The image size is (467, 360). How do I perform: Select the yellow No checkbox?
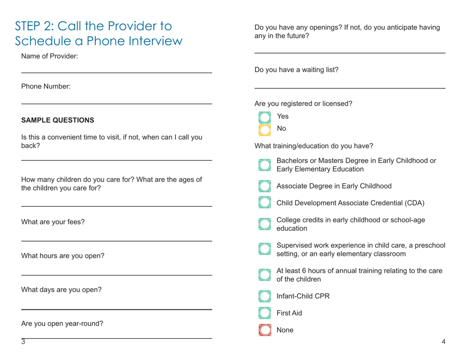pos(264,129)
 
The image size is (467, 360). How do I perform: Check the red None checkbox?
pos(264,331)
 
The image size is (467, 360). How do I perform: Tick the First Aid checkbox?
pos(264,313)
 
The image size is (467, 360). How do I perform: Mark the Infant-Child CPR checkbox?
pos(264,297)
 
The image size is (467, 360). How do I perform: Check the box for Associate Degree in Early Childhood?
pos(264,187)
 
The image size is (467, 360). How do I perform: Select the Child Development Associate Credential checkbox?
pos(264,203)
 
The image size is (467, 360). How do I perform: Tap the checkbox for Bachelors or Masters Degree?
pos(264,165)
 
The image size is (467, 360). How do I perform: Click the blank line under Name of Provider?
pos(117,73)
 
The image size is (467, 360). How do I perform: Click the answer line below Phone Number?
pos(117,103)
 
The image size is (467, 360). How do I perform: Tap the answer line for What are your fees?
pos(117,240)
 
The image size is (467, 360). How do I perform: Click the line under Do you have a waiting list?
pos(350,87)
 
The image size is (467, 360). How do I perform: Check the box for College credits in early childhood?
pos(264,224)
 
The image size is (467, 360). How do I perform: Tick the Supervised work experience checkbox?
pos(264,250)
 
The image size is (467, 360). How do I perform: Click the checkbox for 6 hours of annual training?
pos(264,276)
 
